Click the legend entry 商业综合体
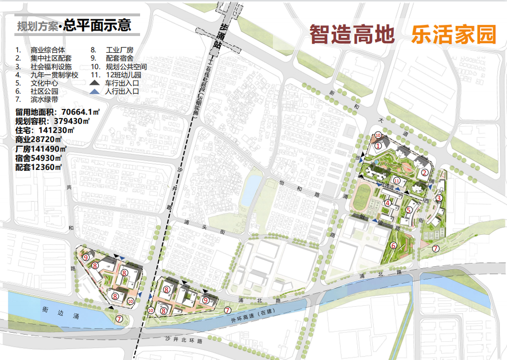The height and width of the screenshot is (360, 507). (x=48, y=50)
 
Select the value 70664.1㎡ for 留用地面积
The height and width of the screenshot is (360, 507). (x=78, y=111)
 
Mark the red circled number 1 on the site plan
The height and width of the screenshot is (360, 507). (x=378, y=146)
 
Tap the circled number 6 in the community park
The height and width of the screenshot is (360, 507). (x=393, y=245)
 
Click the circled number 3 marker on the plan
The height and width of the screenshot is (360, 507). (x=440, y=198)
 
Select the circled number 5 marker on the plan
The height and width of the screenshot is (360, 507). (x=408, y=210)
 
